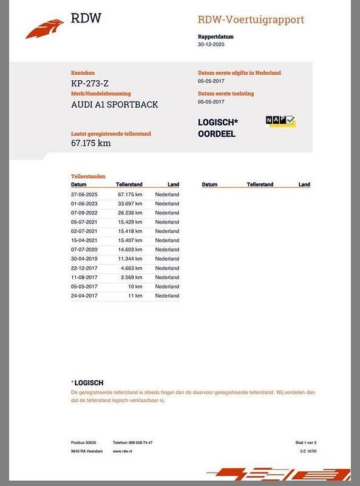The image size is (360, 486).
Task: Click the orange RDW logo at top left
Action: tap(44, 29)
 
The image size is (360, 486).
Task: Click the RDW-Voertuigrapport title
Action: tap(251, 20)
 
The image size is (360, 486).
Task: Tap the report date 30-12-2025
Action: tap(212, 45)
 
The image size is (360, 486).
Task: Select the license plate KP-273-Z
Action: tap(90, 83)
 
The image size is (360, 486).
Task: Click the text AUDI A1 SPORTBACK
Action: tap(114, 104)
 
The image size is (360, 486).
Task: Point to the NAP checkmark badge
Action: tap(280, 121)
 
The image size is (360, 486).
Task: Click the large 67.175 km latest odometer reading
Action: tap(91, 143)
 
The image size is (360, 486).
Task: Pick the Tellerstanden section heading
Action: tap(88, 176)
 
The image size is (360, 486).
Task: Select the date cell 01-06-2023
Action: tap(84, 204)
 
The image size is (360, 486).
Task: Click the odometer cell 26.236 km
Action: tap(130, 213)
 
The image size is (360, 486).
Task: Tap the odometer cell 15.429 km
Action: tap(130, 222)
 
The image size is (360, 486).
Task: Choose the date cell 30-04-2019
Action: tap(84, 259)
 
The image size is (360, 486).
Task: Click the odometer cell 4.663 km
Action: tap(131, 268)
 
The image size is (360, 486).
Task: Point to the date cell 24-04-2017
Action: tap(84, 296)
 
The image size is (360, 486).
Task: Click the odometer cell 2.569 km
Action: tap(131, 277)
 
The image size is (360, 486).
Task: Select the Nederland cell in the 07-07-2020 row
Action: tap(167, 250)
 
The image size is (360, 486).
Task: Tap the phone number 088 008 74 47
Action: tap(140, 442)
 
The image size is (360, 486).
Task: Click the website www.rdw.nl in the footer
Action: tap(123, 451)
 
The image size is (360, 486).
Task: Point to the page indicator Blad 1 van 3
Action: tap(306, 442)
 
